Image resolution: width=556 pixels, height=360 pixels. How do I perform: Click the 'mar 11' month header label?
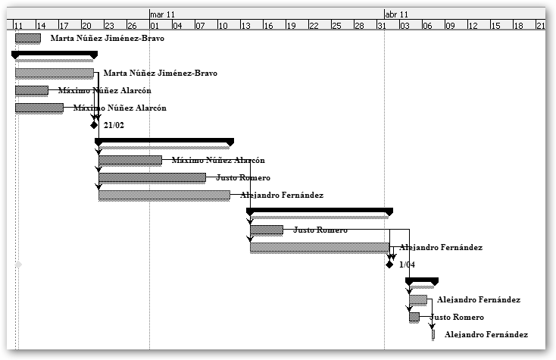coord(163,14)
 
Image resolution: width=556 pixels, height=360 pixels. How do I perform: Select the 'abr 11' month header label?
coord(397,14)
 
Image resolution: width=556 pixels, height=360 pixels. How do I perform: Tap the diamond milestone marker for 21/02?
coord(94,125)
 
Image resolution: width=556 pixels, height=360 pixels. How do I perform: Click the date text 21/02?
coord(114,125)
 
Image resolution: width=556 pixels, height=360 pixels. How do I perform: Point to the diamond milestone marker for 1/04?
coord(389,265)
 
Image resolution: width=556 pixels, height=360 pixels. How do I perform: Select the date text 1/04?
coord(407,265)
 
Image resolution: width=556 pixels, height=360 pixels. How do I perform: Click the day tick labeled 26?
coord(133,25)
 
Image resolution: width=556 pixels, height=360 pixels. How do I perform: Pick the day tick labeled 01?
coord(155,25)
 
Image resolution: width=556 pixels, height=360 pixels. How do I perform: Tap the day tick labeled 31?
coord(383,25)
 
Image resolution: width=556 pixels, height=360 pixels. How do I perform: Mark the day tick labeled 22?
coord(314,25)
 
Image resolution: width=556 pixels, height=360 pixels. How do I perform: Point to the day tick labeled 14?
coord(41,25)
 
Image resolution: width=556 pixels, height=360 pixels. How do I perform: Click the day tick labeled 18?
coord(518,25)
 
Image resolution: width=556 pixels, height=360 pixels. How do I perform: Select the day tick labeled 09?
coord(450,25)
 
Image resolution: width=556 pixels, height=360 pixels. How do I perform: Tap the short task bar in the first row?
coord(27,38)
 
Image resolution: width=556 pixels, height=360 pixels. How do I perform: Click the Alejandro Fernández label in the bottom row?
coord(486,334)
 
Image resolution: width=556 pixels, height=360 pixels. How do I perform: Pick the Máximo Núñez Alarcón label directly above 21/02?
coord(120,108)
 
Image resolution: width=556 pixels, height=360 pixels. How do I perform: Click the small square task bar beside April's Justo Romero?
coord(414,317)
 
